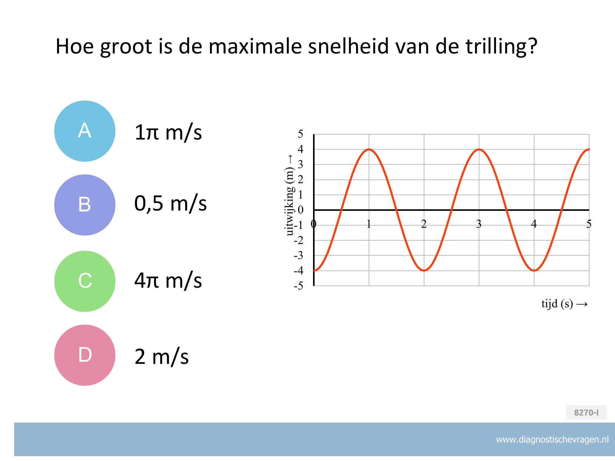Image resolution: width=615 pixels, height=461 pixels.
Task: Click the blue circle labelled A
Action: coord(85,131)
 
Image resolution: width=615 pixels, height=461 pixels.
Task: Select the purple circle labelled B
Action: coord(85,205)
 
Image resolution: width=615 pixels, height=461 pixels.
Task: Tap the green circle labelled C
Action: coord(85,281)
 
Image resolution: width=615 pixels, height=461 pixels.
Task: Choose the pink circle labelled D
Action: coord(85,355)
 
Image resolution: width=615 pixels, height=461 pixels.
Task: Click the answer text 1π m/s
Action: coord(168,132)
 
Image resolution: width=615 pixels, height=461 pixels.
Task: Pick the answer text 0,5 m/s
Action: coord(171,203)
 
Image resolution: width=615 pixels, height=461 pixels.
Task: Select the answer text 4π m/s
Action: coord(168,280)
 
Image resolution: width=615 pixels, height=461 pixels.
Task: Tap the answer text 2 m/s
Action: coord(162,357)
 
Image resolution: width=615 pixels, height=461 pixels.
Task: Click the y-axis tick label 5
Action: coord(300,134)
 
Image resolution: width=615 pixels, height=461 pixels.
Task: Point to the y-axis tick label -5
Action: coord(299,286)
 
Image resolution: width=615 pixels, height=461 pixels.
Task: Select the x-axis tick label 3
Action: coord(479,224)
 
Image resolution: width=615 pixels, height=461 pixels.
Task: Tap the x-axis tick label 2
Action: coord(424,224)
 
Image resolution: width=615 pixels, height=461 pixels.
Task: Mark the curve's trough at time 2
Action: coord(424,270)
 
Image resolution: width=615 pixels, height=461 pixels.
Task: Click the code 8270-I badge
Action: coord(586,412)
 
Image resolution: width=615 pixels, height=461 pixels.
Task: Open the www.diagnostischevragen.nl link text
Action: coord(552,440)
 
